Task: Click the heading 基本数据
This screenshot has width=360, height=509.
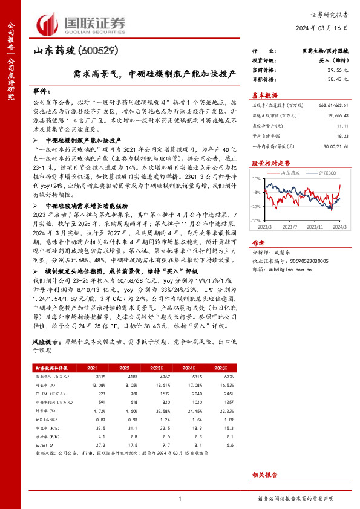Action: pos(264,95)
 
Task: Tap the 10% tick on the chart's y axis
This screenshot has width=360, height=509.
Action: pos(257,179)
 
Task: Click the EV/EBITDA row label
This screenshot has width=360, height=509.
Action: pos(44,445)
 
